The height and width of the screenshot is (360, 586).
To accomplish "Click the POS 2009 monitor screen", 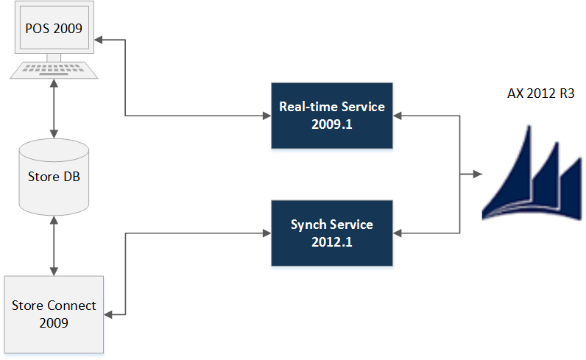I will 54,29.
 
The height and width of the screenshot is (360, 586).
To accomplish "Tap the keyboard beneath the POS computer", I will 54,71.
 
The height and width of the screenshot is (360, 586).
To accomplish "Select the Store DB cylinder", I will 54,177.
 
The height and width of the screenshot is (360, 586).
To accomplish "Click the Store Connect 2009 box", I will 54,314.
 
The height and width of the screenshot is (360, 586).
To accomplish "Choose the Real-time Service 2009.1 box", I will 331,116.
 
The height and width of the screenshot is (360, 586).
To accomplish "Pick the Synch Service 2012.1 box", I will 331,233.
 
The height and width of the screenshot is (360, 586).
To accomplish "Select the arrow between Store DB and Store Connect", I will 54,246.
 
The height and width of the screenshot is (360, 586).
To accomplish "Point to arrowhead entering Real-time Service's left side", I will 266,116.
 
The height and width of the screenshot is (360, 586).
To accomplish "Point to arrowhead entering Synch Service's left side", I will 266,233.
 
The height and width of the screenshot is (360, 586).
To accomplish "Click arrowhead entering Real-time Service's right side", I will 398,116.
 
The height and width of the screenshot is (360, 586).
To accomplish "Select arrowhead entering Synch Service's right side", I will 398,233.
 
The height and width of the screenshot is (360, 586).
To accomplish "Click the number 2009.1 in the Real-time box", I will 331,124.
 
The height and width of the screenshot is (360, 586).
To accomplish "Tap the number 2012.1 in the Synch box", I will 331,241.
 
